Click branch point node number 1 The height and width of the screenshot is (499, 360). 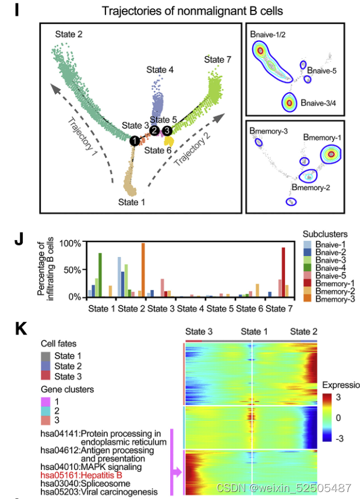pos(135,140)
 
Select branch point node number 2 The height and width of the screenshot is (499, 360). pos(155,130)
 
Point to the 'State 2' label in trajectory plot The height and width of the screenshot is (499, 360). pos(69,34)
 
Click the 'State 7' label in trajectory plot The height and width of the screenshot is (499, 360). pos(218,59)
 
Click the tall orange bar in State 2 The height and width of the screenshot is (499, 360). pos(143,269)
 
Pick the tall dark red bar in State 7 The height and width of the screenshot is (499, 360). pos(284,272)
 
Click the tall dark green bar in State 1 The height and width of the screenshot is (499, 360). pos(100,275)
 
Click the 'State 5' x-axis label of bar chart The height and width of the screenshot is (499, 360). pos(220,307)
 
